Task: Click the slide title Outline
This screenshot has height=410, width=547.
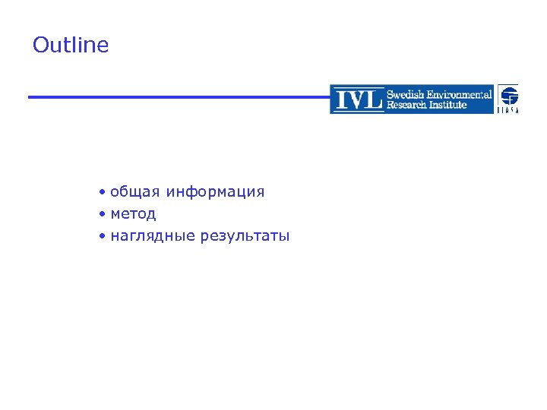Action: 71,46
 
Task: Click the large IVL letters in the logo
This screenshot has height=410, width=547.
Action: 358,99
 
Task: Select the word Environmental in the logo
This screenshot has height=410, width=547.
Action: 460,94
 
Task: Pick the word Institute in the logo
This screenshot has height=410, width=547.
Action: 449,105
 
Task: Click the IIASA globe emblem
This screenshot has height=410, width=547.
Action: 508,95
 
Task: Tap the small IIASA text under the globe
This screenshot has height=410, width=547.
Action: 508,110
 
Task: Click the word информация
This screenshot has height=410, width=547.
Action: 215,192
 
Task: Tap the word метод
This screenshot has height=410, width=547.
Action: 133,214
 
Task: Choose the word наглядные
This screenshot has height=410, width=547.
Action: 152,236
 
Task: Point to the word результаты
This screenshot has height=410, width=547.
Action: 245,236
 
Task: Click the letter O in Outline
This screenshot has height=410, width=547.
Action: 41,46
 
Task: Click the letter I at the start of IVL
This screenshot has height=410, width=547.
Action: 339,99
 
